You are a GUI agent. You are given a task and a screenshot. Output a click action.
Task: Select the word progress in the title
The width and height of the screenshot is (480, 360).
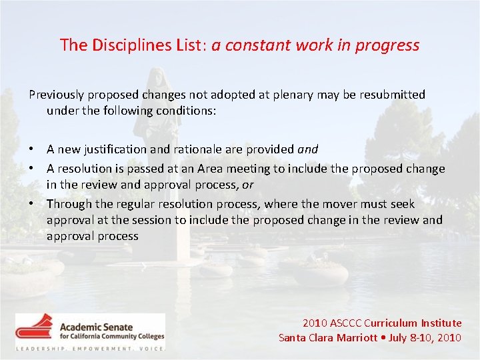(x=391, y=45)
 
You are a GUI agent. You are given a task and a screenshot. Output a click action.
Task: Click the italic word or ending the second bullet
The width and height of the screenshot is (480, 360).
(x=247, y=184)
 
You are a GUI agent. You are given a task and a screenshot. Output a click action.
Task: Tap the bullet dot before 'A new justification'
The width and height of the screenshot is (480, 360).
(x=32, y=149)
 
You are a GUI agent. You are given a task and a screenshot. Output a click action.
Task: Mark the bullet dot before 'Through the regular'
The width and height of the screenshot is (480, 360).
(x=32, y=204)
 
